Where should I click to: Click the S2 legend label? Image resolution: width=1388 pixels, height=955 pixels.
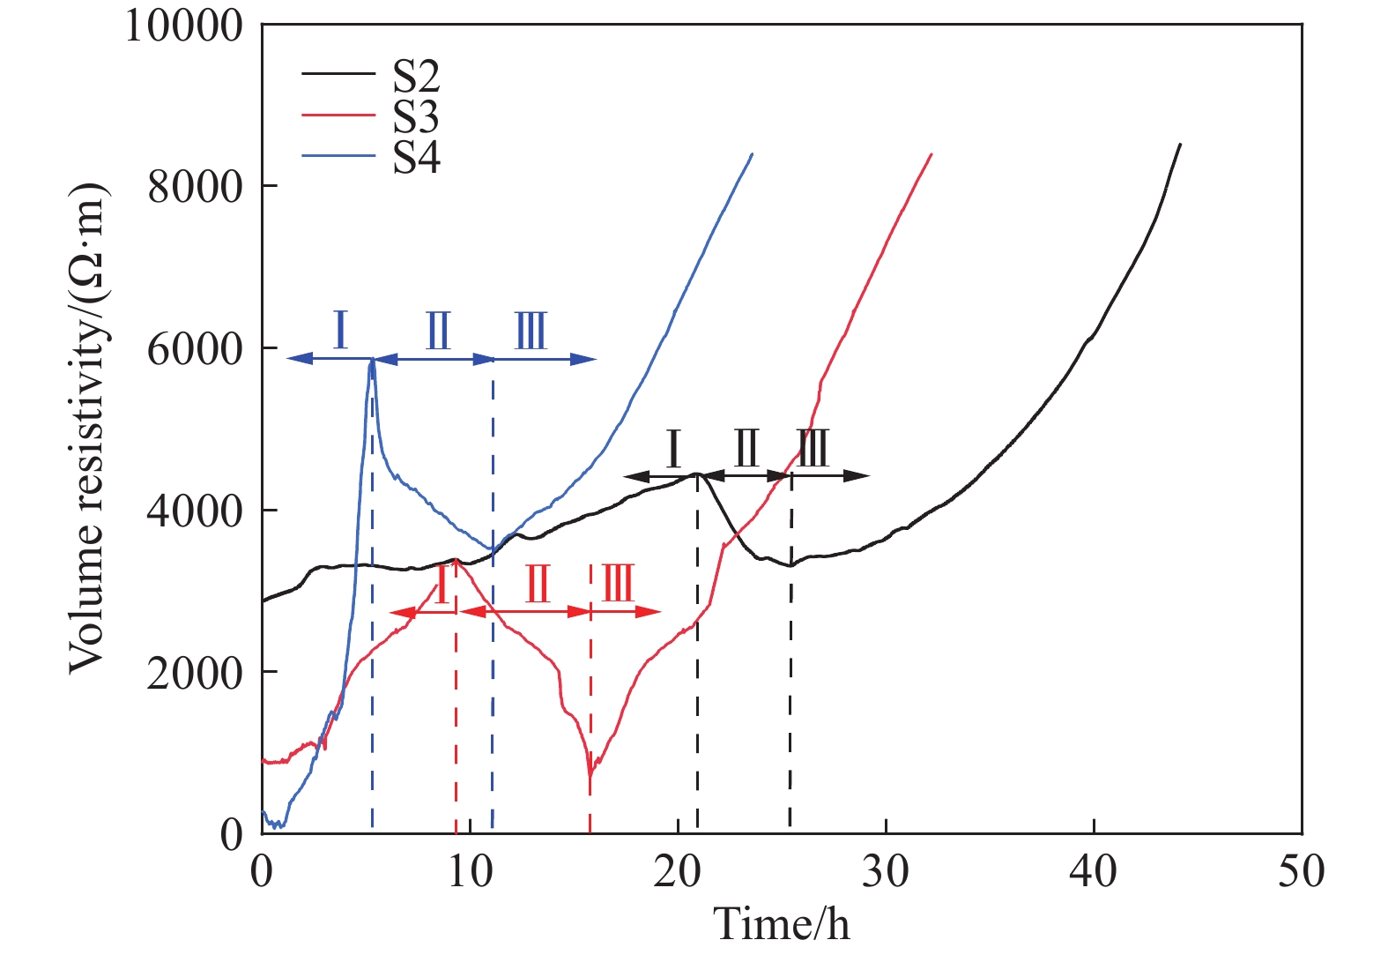tap(416, 78)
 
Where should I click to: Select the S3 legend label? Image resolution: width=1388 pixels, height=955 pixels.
tap(416, 117)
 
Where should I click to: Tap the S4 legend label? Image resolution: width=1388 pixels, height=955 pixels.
tap(416, 157)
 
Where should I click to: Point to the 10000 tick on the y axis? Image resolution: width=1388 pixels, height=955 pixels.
tap(183, 26)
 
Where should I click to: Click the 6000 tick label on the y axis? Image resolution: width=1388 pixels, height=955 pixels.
tap(195, 349)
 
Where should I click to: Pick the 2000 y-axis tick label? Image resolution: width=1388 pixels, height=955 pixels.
tap(195, 673)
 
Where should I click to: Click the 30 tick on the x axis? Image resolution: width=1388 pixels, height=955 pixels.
tap(886, 871)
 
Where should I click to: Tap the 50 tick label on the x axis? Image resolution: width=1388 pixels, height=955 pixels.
tap(1302, 871)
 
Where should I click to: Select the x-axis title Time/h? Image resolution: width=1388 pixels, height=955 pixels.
tap(782, 923)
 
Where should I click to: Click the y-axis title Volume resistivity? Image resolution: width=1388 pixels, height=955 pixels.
tap(87, 429)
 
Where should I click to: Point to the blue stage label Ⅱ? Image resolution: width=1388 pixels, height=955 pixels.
tap(438, 332)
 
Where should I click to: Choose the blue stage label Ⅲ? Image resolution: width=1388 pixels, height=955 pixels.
tap(531, 332)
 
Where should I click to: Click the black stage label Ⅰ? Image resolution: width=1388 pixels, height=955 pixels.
tap(673, 449)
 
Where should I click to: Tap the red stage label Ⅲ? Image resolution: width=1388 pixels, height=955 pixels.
tap(618, 584)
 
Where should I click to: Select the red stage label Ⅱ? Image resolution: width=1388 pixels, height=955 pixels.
tap(537, 584)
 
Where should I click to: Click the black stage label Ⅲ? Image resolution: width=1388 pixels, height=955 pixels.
tap(812, 449)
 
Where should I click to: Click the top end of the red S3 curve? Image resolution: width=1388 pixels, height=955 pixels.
tap(932, 154)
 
